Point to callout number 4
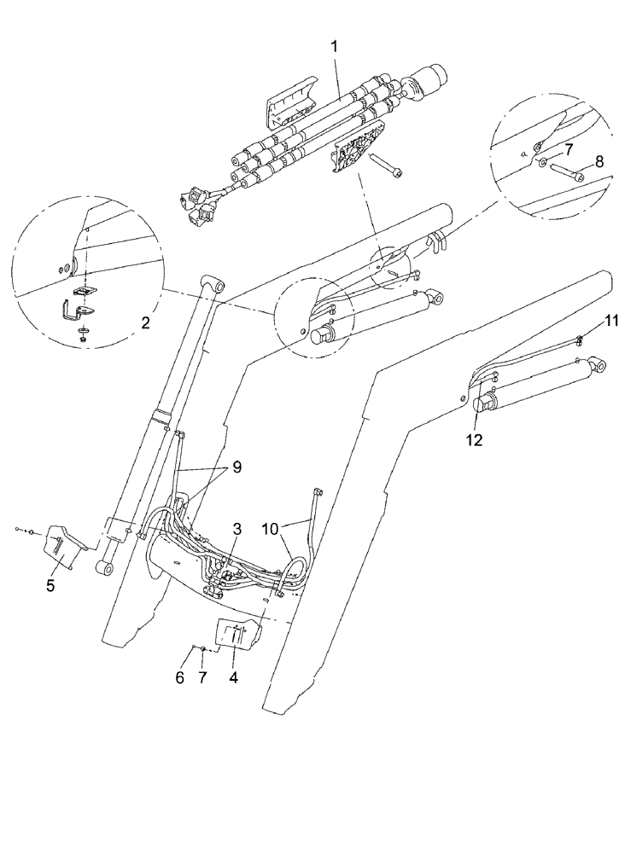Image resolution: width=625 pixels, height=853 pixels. click(x=233, y=679)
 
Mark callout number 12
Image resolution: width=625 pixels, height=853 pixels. click(x=473, y=439)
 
